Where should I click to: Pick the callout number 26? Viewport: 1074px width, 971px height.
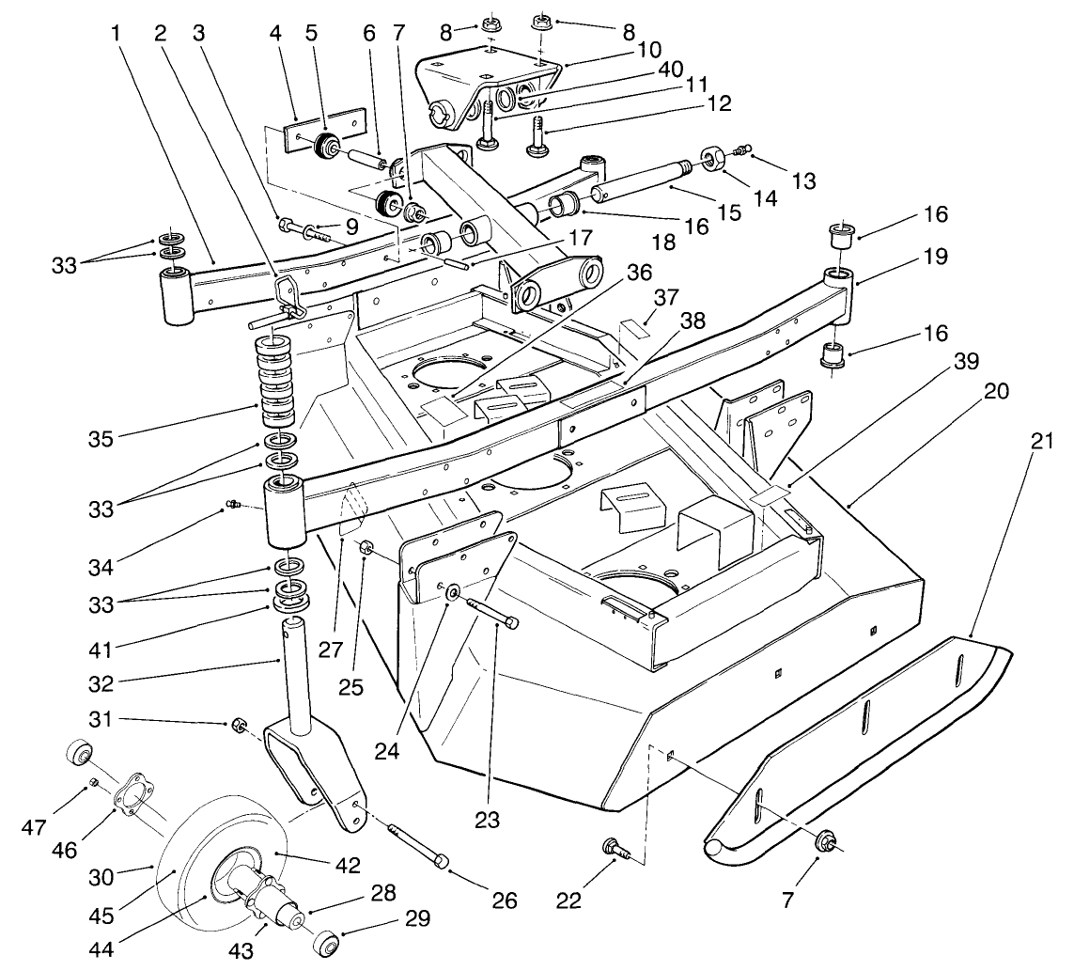pyautogui.click(x=505, y=900)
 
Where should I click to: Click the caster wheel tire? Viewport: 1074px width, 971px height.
pyautogui.click(x=179, y=873)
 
